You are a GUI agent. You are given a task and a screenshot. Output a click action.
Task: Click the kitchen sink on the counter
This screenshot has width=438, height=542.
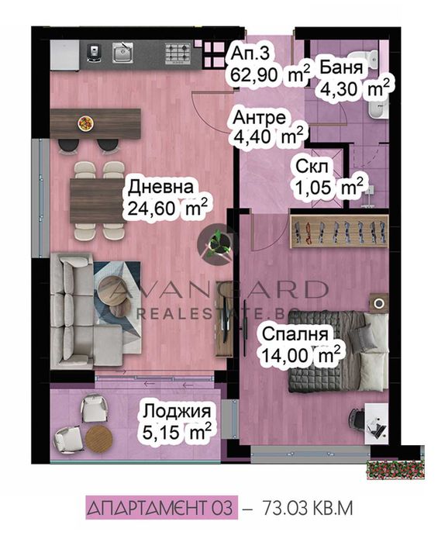click(x=122, y=54)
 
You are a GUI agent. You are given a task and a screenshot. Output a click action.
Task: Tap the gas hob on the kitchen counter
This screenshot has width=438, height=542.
click(x=178, y=54)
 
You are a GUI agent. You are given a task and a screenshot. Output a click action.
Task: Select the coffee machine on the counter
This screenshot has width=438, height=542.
click(x=93, y=54)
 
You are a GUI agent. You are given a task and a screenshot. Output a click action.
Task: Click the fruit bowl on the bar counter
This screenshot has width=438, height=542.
click(x=85, y=123)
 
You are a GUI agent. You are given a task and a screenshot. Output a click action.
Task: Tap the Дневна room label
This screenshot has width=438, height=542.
click(x=160, y=188)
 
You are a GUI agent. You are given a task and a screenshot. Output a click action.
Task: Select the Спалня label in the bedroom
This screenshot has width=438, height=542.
click(x=295, y=334)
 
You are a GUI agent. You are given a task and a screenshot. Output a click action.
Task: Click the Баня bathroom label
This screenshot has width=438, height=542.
click(x=341, y=67)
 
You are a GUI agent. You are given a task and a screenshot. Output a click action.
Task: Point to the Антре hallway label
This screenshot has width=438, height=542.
click(x=259, y=118)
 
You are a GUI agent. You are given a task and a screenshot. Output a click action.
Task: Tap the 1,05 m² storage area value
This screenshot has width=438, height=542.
click(x=329, y=188)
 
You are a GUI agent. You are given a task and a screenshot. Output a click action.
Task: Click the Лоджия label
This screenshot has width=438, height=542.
click(x=177, y=411)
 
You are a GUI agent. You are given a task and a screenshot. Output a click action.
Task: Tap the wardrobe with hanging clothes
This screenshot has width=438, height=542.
click(x=339, y=231)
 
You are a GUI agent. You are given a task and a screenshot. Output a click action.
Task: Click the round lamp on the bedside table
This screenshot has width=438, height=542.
click(x=379, y=303)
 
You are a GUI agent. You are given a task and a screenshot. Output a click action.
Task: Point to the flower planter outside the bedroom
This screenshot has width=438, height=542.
click(x=395, y=470)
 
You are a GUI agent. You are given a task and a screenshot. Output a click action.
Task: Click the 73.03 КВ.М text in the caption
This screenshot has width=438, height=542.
click(x=308, y=509)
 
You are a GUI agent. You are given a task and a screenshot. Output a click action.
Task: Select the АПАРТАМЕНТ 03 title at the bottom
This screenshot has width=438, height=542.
click(x=161, y=508)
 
